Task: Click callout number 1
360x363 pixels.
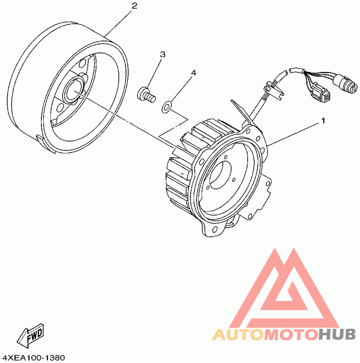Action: point(322,121)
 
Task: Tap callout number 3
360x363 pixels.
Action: point(162,54)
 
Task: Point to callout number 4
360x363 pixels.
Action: point(193,72)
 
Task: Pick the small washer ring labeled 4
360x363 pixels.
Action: point(167,107)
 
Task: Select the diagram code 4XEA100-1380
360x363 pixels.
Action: point(33,358)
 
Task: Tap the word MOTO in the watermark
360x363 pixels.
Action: point(291,335)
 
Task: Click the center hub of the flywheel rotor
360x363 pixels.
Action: point(73,92)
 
